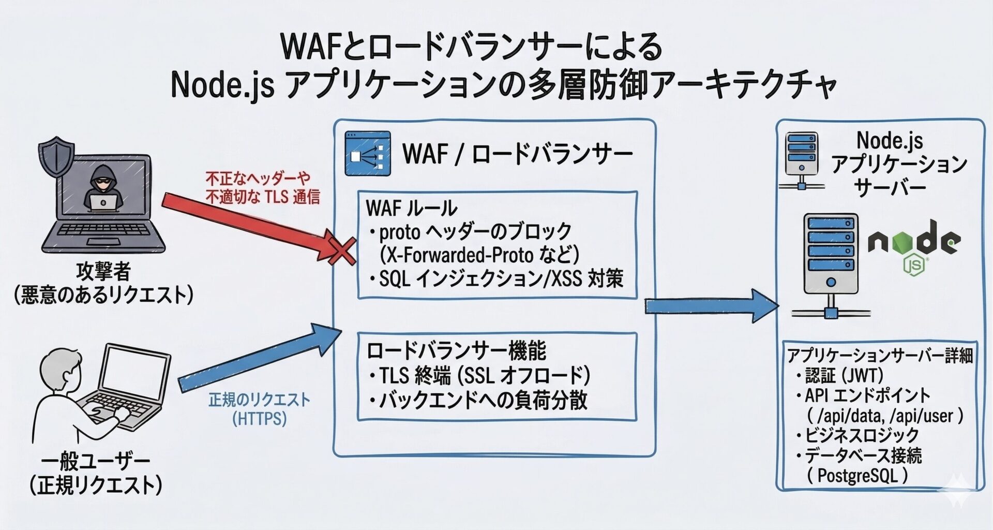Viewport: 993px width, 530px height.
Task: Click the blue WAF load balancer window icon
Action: point(368,154)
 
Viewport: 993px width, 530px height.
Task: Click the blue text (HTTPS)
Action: point(259,418)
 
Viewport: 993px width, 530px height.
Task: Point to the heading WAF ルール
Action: point(411,208)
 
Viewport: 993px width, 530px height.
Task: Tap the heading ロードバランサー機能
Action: point(456,351)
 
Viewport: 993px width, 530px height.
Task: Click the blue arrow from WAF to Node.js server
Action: point(711,306)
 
